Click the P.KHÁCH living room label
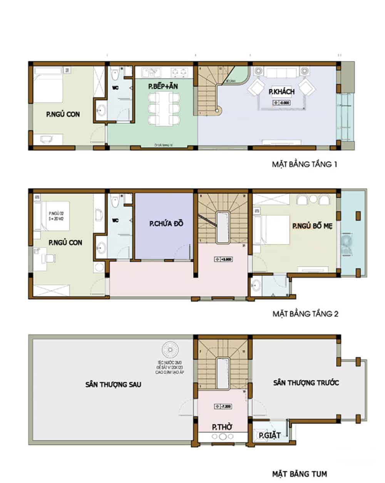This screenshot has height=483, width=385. click(281, 92)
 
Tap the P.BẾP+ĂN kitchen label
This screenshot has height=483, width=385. click(163, 87)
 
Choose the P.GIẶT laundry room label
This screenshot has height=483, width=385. click(269, 436)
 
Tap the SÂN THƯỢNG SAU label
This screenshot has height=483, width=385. click(113, 384)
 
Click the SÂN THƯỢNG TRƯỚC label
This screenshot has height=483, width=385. click(306, 383)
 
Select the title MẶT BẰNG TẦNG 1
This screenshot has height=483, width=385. click(305, 165)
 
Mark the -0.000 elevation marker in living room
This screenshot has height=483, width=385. click(281, 103)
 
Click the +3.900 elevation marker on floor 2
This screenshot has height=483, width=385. click(223, 259)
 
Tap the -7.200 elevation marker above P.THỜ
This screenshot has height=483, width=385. click(223, 406)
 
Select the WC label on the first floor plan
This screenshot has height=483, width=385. click(115, 88)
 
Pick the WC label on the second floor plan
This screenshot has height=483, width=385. click(115, 221)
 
